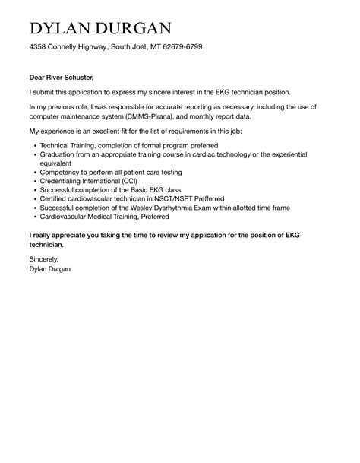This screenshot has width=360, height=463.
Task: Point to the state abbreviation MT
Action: point(144,47)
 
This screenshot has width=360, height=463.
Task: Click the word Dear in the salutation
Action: point(39,77)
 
